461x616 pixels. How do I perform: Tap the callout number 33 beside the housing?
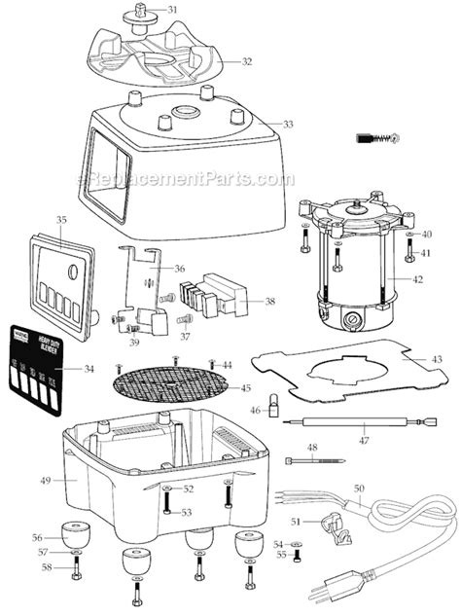pyautogui.click(x=287, y=124)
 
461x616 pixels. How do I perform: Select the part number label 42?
pyautogui.click(x=418, y=278)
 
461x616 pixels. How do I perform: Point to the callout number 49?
pyautogui.click(x=45, y=480)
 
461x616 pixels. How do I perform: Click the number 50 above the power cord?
pyautogui.click(x=359, y=488)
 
